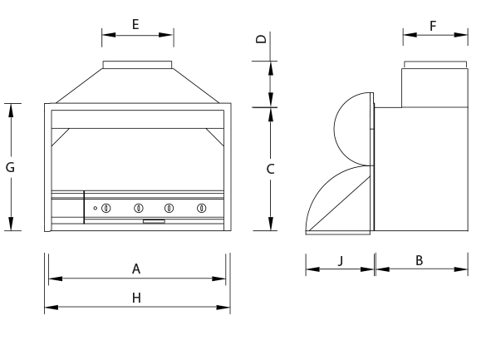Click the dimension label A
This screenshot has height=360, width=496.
tap(136, 269)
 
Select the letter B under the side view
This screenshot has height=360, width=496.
tap(420, 260)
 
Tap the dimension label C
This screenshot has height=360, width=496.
tap(270, 169)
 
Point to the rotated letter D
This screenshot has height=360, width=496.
tap(260, 39)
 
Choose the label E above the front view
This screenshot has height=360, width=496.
tap(135, 24)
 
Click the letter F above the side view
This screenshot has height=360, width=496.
tap(433, 26)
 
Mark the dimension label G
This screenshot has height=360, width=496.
tap(10, 167)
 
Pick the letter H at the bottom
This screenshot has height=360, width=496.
tap(136, 298)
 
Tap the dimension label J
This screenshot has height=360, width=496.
tap(340, 260)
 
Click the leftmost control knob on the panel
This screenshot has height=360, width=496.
tap(106, 207)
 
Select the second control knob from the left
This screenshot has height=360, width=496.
tap(139, 207)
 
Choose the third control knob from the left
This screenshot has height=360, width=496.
tap(169, 207)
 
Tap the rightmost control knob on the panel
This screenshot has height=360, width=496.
tap(201, 207)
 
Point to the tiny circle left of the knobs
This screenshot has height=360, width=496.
tap(96, 207)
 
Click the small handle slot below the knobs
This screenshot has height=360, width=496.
tap(154, 222)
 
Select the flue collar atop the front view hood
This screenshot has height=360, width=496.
tap(137, 65)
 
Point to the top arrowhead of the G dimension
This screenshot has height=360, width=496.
tap(11, 109)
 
